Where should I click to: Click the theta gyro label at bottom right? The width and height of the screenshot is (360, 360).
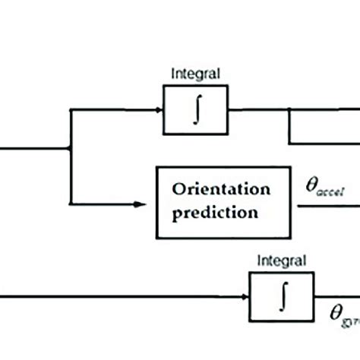coord(343,312)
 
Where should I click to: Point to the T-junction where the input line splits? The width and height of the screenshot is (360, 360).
coord(71,150)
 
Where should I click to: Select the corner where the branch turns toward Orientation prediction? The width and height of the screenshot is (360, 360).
coord(71,203)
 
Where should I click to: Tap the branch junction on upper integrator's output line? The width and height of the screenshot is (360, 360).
coord(289,111)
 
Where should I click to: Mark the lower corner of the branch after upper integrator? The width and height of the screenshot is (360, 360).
coord(289,142)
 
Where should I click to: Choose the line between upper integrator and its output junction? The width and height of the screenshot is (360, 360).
coord(251,111)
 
